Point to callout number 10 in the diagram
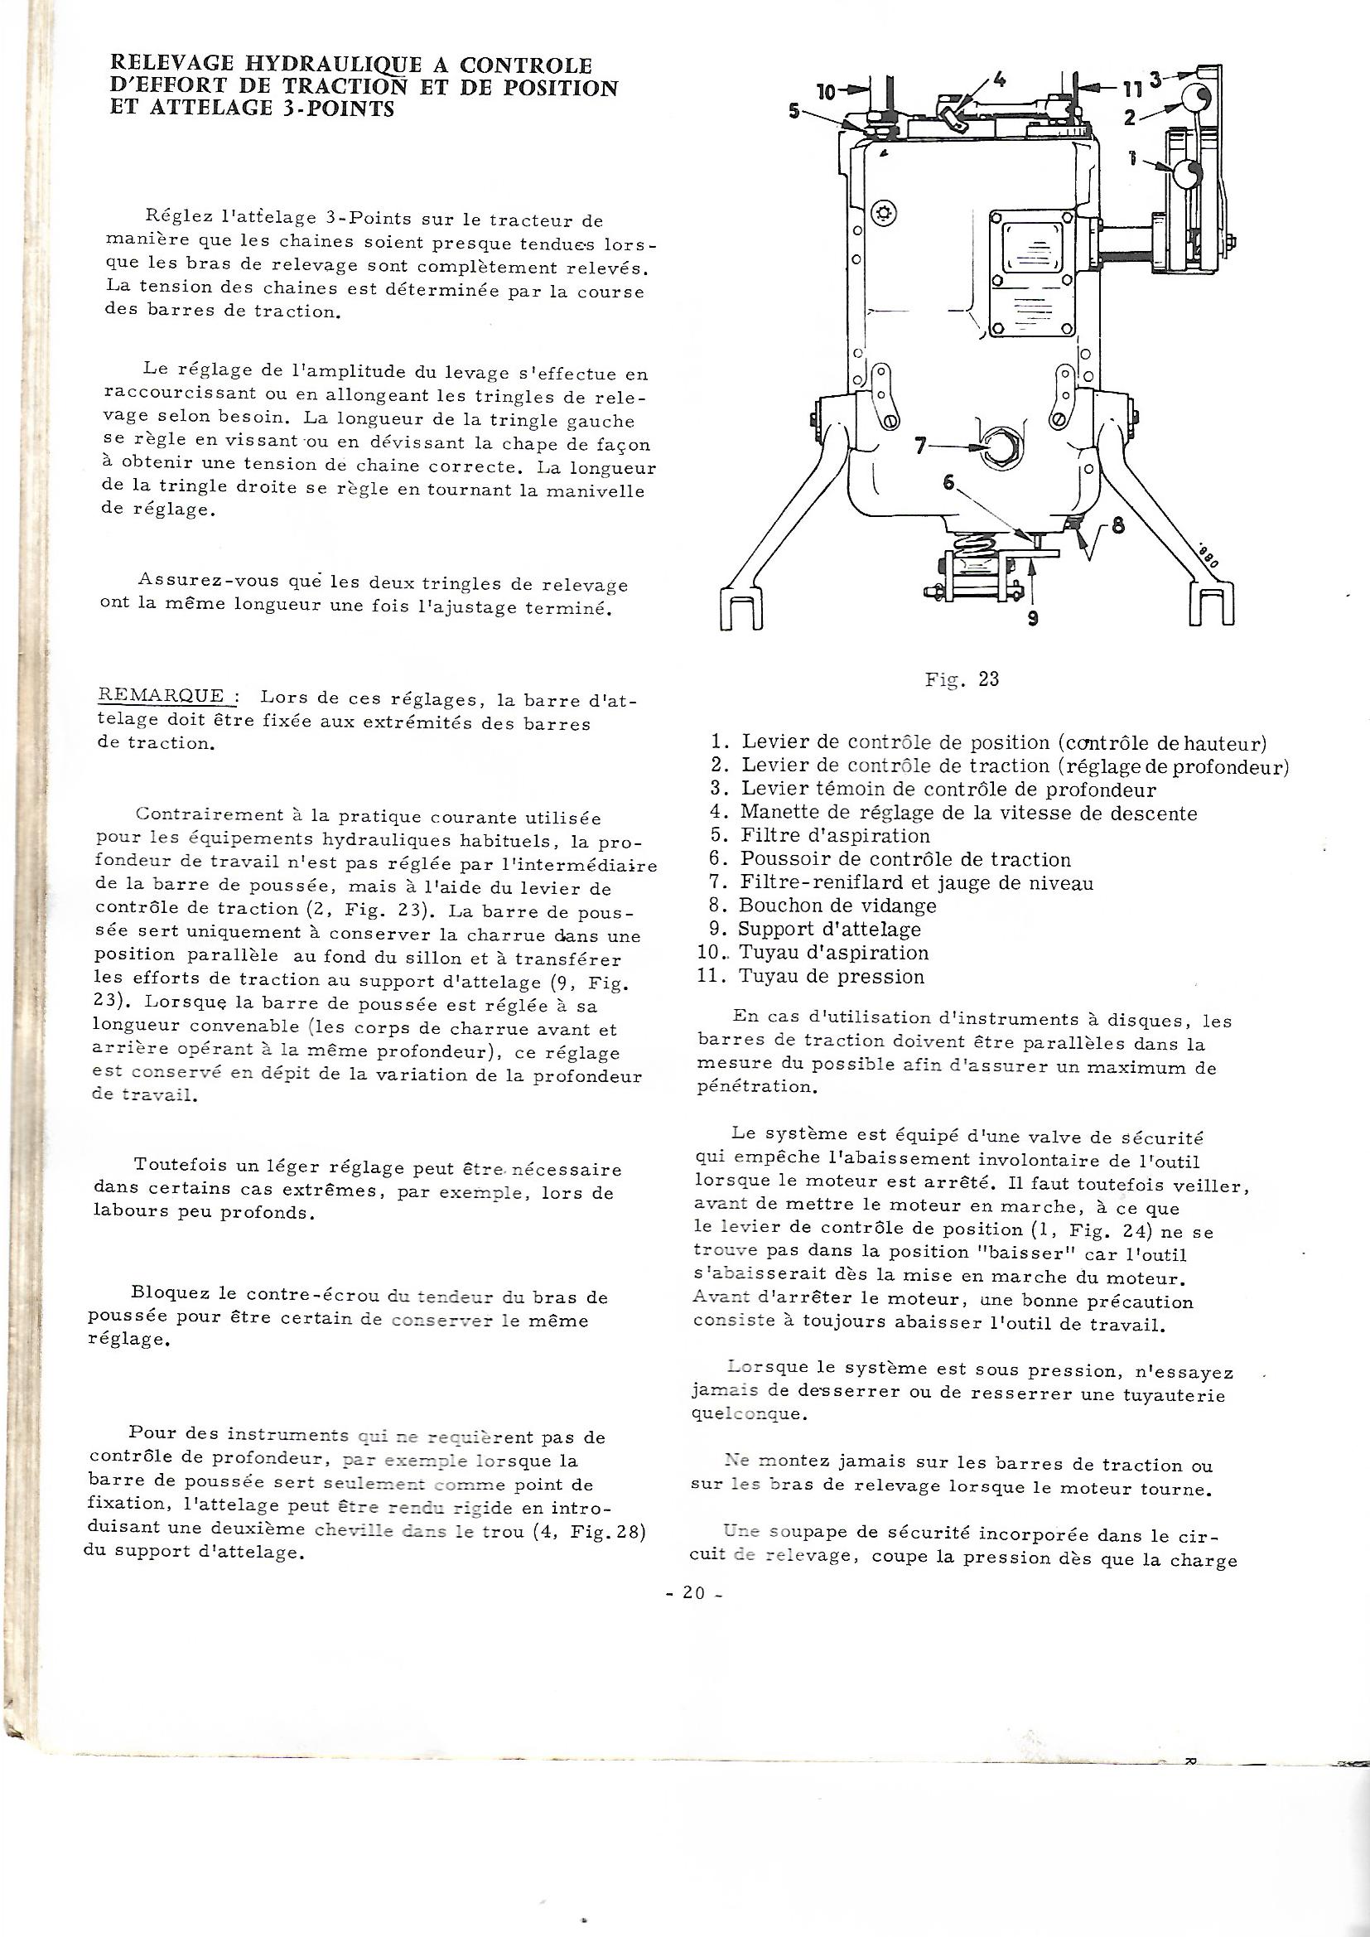(x=827, y=91)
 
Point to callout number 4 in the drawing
(x=1000, y=80)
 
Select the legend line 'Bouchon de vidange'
(x=837, y=906)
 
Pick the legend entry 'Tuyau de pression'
(x=832, y=977)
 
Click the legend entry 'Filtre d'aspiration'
(x=835, y=836)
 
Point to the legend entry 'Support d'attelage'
(x=829, y=930)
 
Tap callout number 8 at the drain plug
(x=1118, y=524)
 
